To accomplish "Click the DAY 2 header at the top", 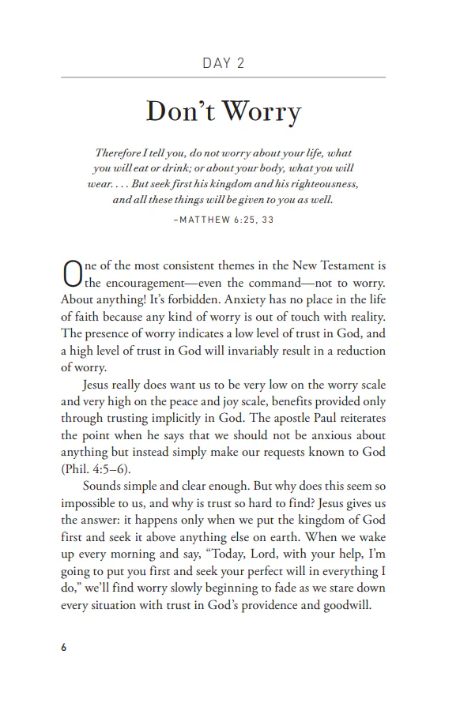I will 223,63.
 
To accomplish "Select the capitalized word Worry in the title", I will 261,112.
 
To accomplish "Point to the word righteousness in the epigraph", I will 323,183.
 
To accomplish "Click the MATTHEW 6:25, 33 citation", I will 223,220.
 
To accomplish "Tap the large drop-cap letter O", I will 72,273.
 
